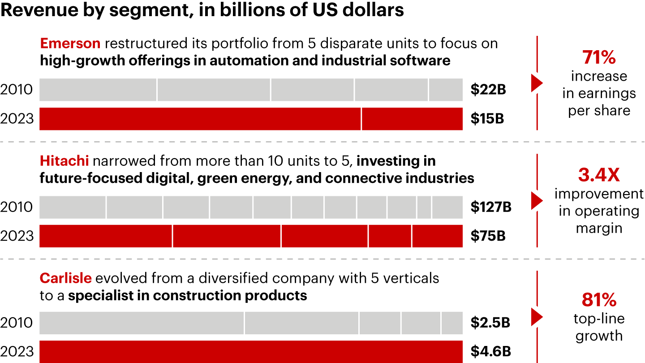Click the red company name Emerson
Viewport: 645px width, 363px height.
[x=70, y=43]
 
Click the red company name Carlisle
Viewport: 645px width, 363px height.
[x=65, y=278]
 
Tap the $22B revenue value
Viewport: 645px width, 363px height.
[x=488, y=90]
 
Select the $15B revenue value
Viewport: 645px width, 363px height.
[x=487, y=119]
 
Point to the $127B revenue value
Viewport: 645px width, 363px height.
[x=491, y=207]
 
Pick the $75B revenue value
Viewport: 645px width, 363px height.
[x=488, y=236]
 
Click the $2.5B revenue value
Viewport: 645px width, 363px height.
[x=490, y=323]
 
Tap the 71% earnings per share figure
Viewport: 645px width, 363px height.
[x=599, y=58]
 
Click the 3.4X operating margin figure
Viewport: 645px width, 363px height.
[x=599, y=175]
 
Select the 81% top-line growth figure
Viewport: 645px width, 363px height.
[x=599, y=300]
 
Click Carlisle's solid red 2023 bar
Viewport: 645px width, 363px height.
[x=251, y=352]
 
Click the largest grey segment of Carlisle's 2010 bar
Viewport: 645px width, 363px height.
[x=142, y=323]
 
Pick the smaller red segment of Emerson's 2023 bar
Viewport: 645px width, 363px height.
[x=412, y=119]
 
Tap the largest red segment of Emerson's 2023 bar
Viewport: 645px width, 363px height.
[x=200, y=119]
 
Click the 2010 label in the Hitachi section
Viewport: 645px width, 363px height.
[x=17, y=207]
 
